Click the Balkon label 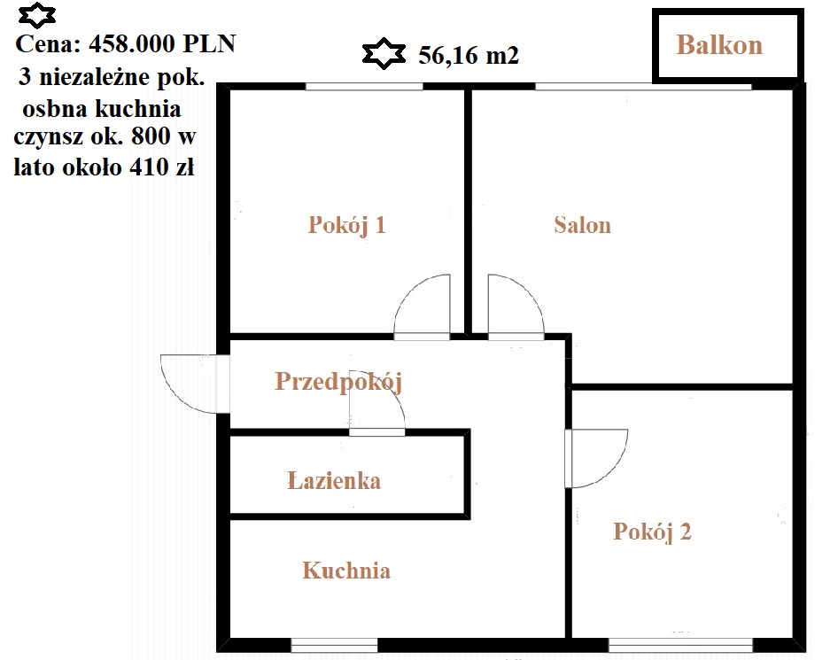719,45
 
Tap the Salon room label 583,225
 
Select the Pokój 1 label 347,225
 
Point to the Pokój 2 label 652,532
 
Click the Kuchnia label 346,571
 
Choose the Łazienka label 334,481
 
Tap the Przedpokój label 338,382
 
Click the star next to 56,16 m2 384,54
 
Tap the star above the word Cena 37,15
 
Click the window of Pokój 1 364,86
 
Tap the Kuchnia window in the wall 334,645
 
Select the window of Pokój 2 680,645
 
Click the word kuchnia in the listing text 138,109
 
